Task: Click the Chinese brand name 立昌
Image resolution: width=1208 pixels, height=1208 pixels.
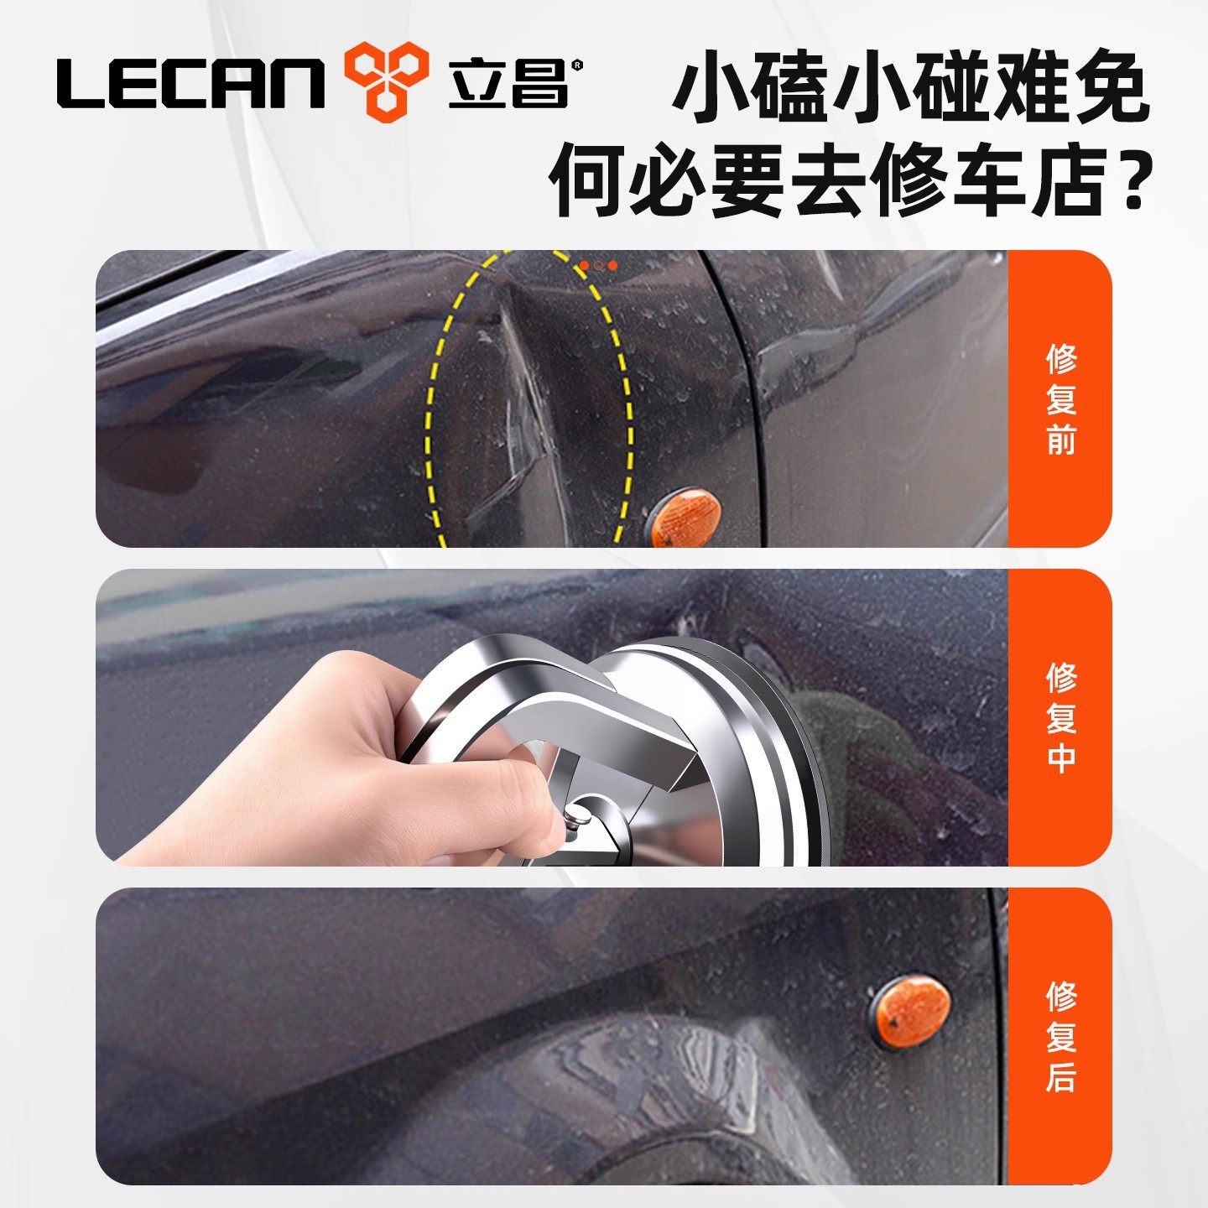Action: click(508, 82)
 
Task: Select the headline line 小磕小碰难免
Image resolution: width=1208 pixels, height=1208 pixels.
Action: click(909, 87)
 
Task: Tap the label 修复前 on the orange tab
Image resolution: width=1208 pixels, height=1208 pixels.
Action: click(1060, 399)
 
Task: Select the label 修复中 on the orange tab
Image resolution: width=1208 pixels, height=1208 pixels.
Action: click(1060, 718)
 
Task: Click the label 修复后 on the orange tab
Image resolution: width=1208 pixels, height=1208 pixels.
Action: click(1060, 1037)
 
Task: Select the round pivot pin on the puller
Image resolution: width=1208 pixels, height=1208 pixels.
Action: click(577, 812)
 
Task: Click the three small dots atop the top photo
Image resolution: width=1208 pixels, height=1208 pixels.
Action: click(598, 265)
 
